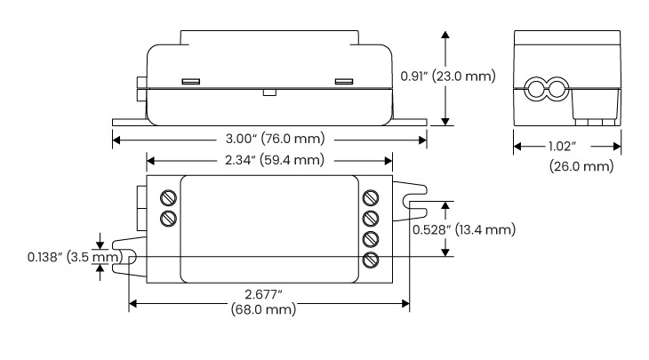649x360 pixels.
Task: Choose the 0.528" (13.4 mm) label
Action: click(x=463, y=229)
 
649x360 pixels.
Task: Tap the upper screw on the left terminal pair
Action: click(x=167, y=197)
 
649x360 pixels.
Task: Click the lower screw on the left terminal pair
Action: click(x=167, y=218)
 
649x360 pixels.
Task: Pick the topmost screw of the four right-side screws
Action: click(x=372, y=197)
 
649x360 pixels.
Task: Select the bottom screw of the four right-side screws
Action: click(x=372, y=260)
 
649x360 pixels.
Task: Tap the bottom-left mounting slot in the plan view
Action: click(x=127, y=259)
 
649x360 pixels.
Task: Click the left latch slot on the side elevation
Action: click(x=188, y=82)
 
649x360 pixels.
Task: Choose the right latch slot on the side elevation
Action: click(x=343, y=82)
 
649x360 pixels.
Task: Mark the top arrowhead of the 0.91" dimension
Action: click(x=445, y=32)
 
